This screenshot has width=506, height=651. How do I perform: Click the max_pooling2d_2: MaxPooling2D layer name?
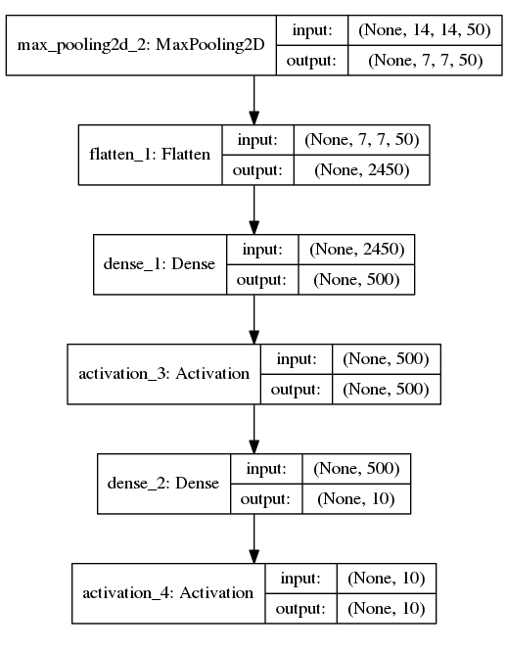[x=141, y=45]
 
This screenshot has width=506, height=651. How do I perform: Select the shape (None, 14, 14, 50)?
[x=425, y=30]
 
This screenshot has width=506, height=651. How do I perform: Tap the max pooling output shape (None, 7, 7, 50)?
[x=426, y=61]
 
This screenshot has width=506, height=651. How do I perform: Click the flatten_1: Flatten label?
[x=150, y=155]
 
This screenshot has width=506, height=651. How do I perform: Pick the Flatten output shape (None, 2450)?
[x=362, y=170]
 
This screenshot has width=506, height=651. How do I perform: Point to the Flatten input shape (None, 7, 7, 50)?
[x=362, y=139]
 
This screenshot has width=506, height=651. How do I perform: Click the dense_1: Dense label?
[x=160, y=264]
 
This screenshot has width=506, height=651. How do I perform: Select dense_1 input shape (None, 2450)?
[x=357, y=249]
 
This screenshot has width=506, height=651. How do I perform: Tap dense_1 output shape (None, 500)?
[x=356, y=280]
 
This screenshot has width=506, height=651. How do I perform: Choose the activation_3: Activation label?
[x=164, y=374]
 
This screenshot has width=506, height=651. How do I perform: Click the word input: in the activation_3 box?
[x=297, y=358]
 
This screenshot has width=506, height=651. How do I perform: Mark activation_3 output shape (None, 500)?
[x=386, y=390]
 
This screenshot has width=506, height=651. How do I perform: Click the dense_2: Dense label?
[x=163, y=484]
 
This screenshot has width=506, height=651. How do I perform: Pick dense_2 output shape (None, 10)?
[x=356, y=499]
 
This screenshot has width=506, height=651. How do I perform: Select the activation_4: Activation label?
[x=168, y=593]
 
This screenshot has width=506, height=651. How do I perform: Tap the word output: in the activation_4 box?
[x=300, y=609]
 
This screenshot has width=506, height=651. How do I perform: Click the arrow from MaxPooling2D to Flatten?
[x=254, y=100]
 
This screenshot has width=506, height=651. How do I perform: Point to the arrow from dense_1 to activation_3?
[x=254, y=319]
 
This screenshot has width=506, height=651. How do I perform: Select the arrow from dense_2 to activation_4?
[x=254, y=538]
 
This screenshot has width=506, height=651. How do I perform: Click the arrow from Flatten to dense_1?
[x=254, y=209]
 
